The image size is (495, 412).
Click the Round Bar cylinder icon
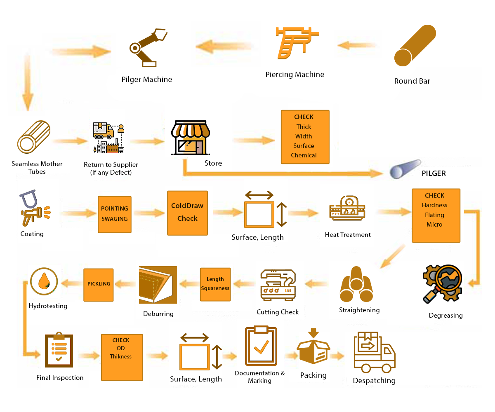pos(415,46)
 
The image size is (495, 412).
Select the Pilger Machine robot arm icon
pos(147,47)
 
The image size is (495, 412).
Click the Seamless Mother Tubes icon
pos(33,137)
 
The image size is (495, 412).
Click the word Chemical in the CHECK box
pos(304,155)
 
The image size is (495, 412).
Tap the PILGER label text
pos(434,173)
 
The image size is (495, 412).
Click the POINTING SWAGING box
pos(115,214)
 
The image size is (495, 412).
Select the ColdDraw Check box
pos(187,213)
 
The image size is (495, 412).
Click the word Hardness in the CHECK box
pos(434,205)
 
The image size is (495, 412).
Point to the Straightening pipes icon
pos(356,285)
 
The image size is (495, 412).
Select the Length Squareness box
pos(215,284)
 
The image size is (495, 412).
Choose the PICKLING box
pos(99,284)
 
